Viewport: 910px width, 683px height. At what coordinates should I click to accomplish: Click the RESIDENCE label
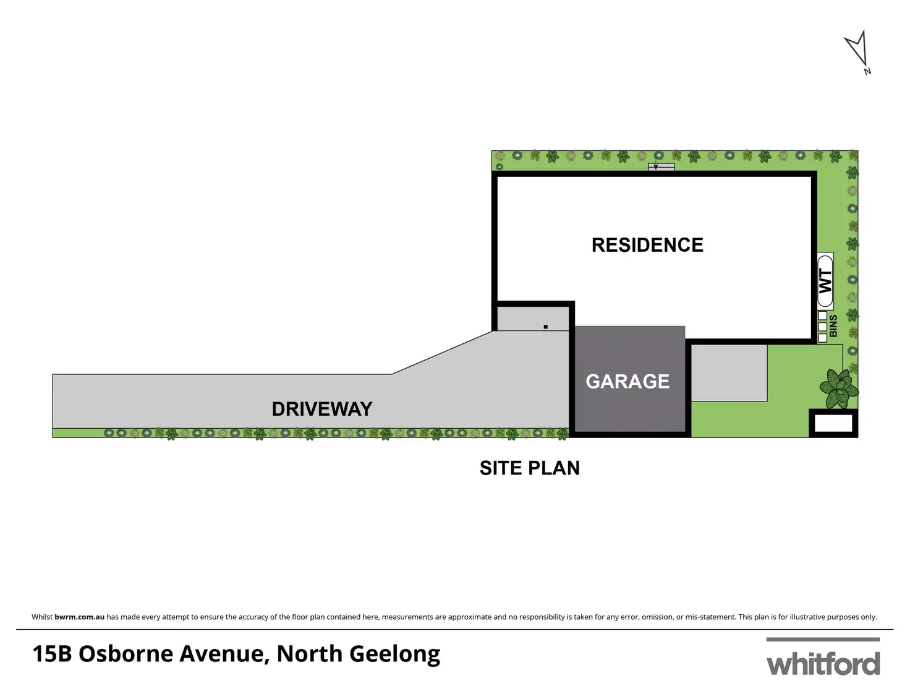[x=647, y=245]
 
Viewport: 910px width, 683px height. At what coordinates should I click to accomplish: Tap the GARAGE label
[x=627, y=381]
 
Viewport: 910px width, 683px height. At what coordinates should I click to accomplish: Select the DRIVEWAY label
[x=322, y=409]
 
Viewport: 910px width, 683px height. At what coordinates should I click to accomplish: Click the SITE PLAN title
[x=530, y=468]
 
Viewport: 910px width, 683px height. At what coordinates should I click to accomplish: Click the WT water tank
[x=825, y=281]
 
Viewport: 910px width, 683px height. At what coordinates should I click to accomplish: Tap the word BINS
[x=833, y=326]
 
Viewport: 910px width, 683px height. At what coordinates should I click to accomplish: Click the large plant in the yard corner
[x=838, y=389]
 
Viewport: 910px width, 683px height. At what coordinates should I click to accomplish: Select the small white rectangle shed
[x=833, y=424]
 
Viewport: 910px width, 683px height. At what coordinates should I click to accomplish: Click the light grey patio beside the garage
[x=729, y=373]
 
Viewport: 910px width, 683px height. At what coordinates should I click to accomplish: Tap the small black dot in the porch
[x=546, y=327]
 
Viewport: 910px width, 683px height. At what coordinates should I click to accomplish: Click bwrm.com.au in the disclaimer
[x=80, y=617]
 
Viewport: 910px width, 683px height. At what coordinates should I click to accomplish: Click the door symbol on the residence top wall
[x=661, y=167]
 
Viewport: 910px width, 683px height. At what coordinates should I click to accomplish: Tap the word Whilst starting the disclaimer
[x=42, y=617]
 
